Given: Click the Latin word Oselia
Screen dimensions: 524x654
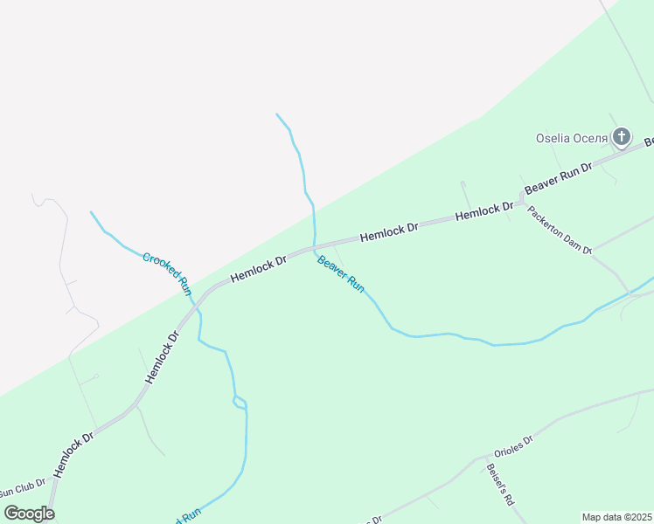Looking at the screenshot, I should click(x=553, y=138).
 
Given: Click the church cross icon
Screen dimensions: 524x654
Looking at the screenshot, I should click(x=621, y=136).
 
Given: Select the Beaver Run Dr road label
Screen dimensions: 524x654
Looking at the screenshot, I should click(x=558, y=177).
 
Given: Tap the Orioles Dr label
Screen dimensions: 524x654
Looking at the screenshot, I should click(x=513, y=446).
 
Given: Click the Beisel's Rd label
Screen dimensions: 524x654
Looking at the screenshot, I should click(x=499, y=485).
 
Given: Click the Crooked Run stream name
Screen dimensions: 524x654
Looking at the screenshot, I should click(x=167, y=273).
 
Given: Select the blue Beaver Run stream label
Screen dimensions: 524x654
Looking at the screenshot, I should click(x=341, y=273).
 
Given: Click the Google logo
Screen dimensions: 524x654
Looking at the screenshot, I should click(x=29, y=513).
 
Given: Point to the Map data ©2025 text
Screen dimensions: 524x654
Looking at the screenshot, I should click(x=616, y=517).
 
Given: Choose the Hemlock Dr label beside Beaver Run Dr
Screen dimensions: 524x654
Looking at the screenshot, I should click(x=484, y=210).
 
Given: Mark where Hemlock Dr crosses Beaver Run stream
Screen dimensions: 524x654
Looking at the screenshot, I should click(x=314, y=247).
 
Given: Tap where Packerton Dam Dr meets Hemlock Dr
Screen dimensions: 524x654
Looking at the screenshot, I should click(x=522, y=202).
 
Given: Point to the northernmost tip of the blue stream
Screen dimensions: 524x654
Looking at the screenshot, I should click(x=276, y=114).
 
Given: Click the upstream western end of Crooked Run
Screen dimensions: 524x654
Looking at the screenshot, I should click(x=90, y=211).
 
